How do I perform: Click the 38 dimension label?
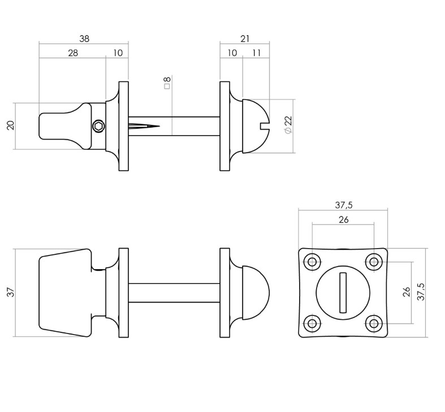click(84, 39)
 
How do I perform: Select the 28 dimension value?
click(72, 53)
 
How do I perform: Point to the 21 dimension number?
click(244, 39)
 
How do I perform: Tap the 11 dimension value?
click(256, 53)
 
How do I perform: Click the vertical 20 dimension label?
click(10, 125)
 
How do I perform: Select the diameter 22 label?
click(288, 125)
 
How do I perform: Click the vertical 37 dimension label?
click(10, 292)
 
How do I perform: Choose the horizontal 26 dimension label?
click(343, 220)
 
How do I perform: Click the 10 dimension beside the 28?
click(118, 53)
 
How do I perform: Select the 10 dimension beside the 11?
click(232, 53)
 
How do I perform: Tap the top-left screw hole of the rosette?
click(312, 261)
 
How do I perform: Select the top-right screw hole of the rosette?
click(374, 261)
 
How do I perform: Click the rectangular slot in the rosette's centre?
click(343, 292)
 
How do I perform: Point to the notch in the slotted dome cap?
click(265, 125)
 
